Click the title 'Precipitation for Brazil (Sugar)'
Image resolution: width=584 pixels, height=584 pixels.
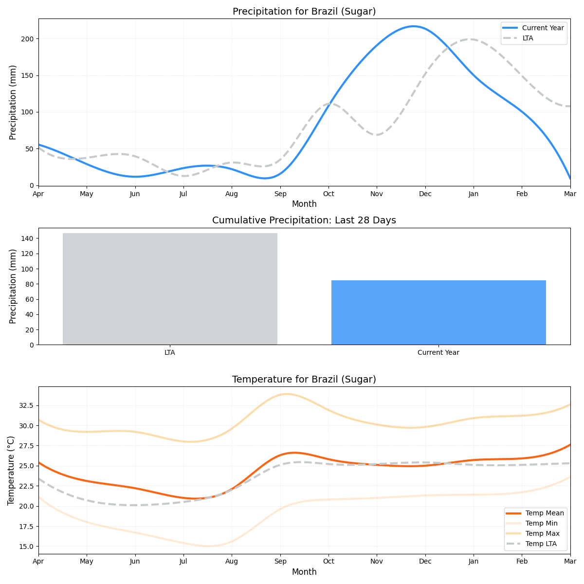tap(304, 11)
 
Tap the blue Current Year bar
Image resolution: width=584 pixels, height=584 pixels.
tap(438, 312)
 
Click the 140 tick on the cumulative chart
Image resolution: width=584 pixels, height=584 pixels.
tap(27, 238)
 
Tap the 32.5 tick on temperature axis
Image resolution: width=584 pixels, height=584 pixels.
tap(26, 405)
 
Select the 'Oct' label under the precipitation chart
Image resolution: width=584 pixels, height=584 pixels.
tap(328, 194)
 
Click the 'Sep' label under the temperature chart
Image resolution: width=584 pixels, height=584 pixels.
tap(280, 562)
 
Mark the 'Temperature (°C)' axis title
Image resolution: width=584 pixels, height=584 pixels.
tap(11, 470)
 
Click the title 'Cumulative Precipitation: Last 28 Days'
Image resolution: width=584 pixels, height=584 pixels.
tap(304, 220)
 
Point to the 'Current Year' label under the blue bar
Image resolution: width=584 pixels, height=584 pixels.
tap(438, 352)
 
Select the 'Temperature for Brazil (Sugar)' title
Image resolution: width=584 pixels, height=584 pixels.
tap(304, 379)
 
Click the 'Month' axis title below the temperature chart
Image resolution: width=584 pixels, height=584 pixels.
tap(304, 572)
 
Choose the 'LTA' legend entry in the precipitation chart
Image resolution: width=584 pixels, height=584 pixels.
tap(528, 38)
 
